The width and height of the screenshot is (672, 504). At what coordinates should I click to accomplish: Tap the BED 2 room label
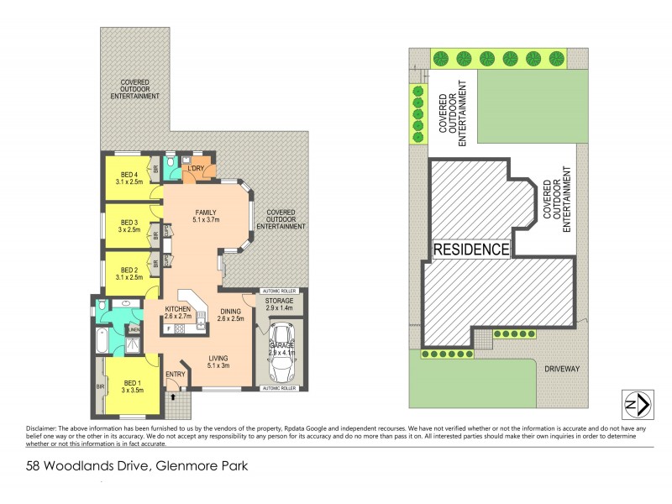coord(128,271)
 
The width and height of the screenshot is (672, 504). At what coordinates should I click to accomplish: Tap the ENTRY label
coord(175,375)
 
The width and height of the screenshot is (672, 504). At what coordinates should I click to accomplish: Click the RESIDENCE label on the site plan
coord(471,249)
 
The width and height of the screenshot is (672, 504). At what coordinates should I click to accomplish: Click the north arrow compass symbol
coord(636,405)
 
